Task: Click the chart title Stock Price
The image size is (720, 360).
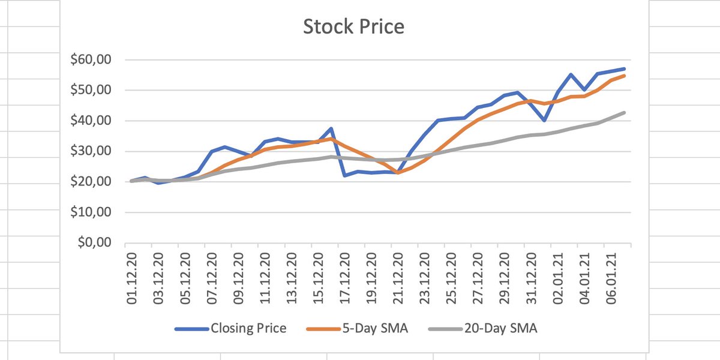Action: pyautogui.click(x=353, y=27)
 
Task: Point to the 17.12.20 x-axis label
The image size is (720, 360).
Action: pyautogui.click(x=344, y=279)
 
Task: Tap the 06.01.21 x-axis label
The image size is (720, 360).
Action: pyautogui.click(x=611, y=279)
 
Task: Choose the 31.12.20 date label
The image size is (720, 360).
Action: pyautogui.click(x=531, y=279)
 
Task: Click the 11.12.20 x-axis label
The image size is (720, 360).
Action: pyautogui.click(x=265, y=279)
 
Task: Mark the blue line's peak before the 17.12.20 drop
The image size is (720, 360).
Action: pyautogui.click(x=331, y=128)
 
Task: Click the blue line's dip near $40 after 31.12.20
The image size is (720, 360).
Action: pyautogui.click(x=544, y=121)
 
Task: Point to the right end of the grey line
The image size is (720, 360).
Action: pyautogui.click(x=624, y=113)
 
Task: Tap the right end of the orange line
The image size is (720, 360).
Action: pyautogui.click(x=624, y=76)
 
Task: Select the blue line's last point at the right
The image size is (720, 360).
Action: pyautogui.click(x=624, y=69)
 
